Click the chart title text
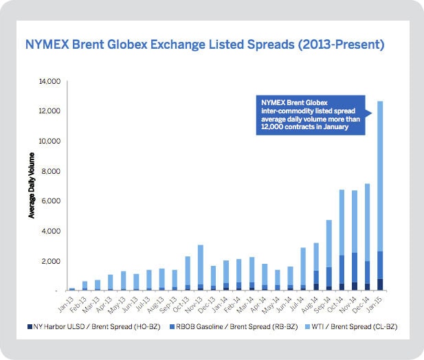click(203, 46)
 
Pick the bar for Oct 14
click(342, 240)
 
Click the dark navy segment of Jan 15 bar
click(380, 284)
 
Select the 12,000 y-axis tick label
click(52, 111)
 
